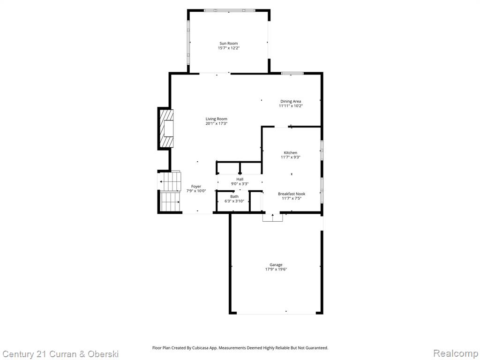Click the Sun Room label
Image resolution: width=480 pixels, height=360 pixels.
228,44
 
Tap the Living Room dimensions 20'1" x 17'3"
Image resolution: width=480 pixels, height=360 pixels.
217,124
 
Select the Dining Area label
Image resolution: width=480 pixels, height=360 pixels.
291,101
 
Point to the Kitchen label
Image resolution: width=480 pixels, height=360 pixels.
291,153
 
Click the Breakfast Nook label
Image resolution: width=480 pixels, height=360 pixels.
292,194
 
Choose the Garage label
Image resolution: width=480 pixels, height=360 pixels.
276,265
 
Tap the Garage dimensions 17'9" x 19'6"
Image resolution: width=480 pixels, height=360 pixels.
276,270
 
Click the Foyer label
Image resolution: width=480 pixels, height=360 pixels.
196,187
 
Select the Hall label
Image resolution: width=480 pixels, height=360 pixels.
240,179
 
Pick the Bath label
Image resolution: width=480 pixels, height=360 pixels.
234,196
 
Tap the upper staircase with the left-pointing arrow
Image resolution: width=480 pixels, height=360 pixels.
170,181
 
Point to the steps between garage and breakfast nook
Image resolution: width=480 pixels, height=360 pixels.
272,217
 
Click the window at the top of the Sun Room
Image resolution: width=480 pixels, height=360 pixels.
230,10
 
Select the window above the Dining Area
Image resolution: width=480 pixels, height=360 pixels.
292,73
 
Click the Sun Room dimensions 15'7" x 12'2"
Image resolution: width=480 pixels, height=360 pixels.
229,48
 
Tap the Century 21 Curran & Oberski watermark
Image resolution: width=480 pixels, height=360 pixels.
60,354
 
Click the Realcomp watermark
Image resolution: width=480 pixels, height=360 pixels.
456,353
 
